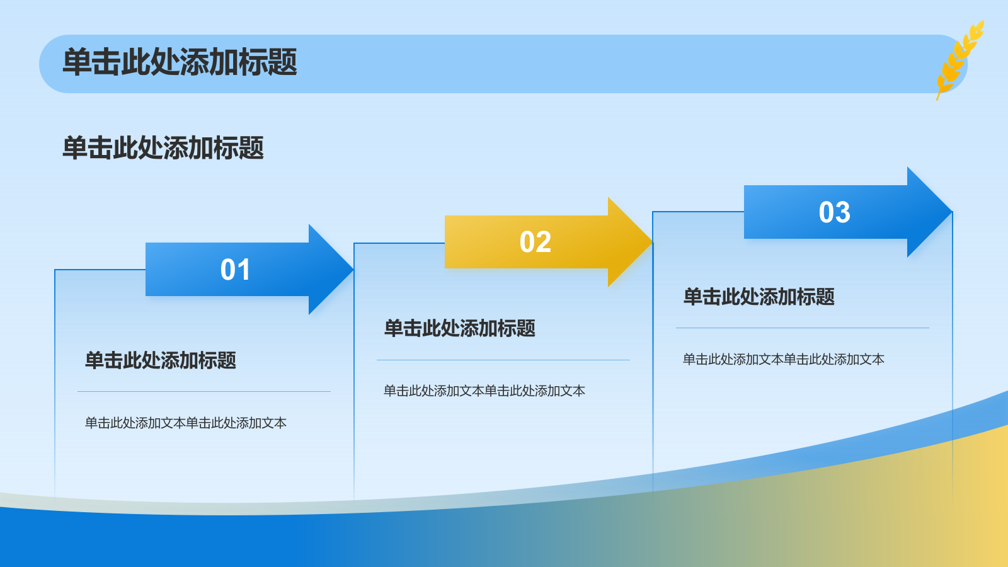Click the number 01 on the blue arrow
(235, 270)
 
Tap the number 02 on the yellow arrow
(535, 242)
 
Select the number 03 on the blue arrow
(834, 212)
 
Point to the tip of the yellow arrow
(653, 242)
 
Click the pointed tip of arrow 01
(353, 270)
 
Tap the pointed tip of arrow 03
(952, 212)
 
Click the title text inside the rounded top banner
(180, 62)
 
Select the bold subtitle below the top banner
(163, 147)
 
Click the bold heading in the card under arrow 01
(161, 360)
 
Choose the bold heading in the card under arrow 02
(459, 328)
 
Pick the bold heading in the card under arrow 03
(759, 297)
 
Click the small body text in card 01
(185, 423)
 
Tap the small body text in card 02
(484, 391)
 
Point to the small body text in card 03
(784, 360)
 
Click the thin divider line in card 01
(204, 391)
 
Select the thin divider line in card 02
(503, 360)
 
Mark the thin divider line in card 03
(803, 328)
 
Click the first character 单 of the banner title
(77, 62)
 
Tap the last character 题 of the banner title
(283, 62)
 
